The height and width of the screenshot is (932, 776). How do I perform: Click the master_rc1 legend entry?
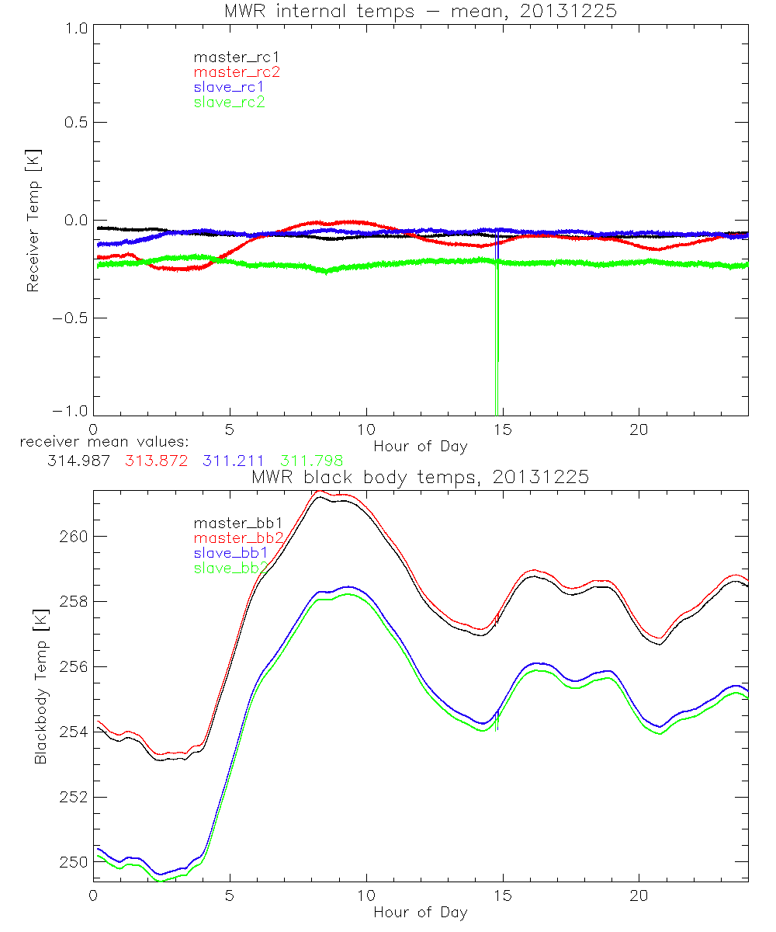tap(230, 57)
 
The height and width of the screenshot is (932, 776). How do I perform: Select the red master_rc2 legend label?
tap(236, 72)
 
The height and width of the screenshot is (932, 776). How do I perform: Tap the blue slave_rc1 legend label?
tap(229, 87)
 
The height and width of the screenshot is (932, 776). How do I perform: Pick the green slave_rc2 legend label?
tap(229, 102)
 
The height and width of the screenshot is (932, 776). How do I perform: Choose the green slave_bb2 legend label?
tap(231, 569)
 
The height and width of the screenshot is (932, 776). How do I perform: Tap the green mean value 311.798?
tap(312, 460)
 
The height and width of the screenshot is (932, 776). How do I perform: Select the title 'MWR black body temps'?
tap(420, 477)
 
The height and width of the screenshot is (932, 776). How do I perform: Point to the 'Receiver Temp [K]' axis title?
tap(33, 221)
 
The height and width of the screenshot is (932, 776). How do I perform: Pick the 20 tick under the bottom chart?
tap(639, 895)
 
